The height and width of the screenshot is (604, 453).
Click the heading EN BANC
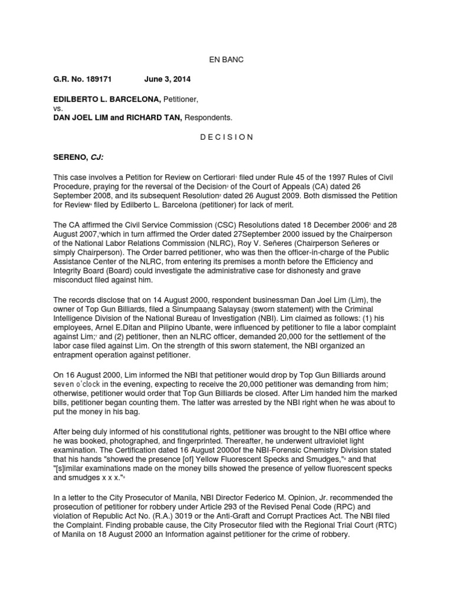point(226,60)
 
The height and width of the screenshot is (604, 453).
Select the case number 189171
point(96,78)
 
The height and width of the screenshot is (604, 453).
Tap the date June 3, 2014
point(167,78)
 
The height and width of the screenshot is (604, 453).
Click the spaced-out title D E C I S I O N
point(226,137)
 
